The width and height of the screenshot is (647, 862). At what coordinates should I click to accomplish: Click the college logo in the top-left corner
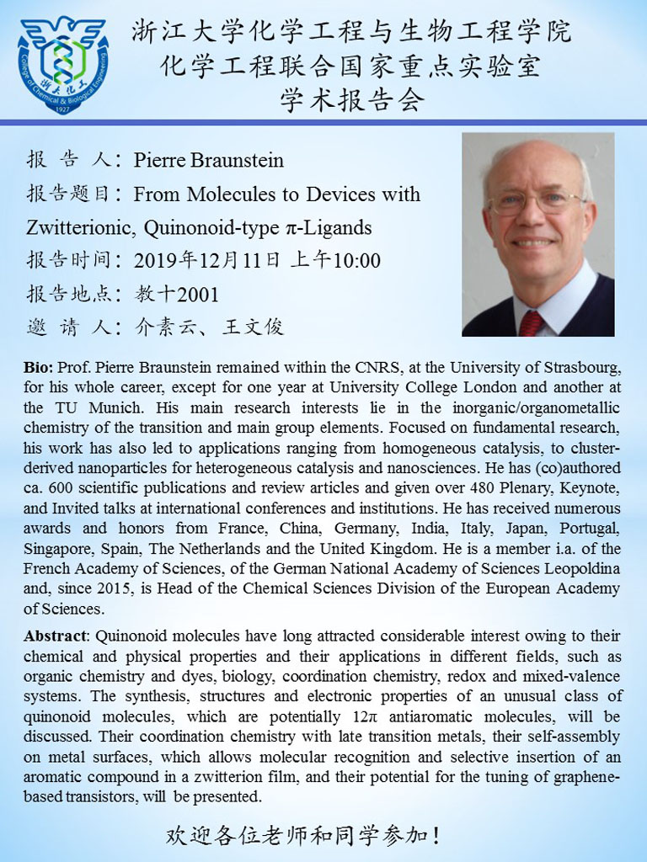[63, 64]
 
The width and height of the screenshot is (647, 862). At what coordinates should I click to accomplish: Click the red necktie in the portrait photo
[531, 322]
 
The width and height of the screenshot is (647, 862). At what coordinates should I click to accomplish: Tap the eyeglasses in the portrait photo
[535, 202]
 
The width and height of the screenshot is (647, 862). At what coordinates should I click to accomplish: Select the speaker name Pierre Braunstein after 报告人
[208, 160]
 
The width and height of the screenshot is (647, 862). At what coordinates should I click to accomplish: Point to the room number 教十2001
[177, 294]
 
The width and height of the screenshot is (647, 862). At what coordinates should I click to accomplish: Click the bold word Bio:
[39, 369]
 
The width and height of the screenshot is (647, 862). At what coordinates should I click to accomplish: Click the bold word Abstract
[55, 636]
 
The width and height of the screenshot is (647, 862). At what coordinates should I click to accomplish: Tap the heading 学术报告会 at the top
[351, 99]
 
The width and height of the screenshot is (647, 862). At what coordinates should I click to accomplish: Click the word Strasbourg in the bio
[579, 369]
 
